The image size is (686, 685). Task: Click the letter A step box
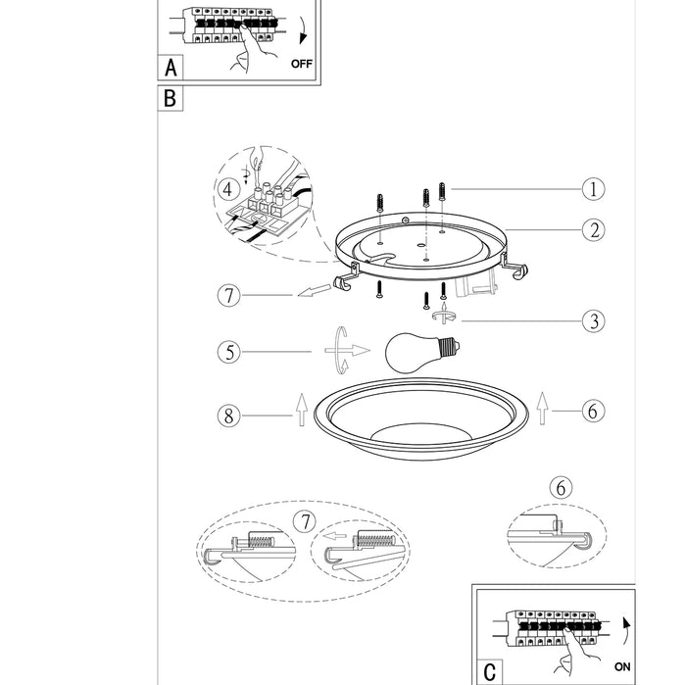pos(171,68)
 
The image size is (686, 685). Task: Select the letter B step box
pos(171,98)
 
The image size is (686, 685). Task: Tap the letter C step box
pos(489,671)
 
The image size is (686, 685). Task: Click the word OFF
pos(305,65)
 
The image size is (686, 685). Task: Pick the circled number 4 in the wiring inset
pos(228,187)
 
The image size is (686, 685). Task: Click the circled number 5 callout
pos(229,350)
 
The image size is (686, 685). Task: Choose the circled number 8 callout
pos(229,416)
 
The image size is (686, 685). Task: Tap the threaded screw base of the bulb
pos(452,346)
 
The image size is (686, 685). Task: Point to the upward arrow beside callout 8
pos(301,409)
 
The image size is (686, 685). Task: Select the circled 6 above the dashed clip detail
pos(560,488)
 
